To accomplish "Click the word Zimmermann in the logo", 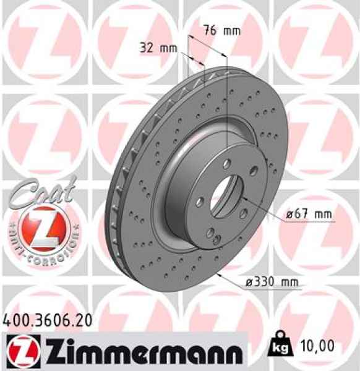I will [x=148, y=350].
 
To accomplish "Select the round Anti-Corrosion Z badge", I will [x=41, y=228].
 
